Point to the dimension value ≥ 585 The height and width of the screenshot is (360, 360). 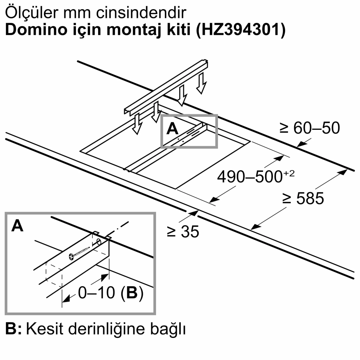pyautogui.click(x=303, y=199)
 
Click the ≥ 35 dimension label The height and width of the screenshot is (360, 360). pyautogui.click(x=183, y=232)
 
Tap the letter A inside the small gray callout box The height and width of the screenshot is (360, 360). pyautogui.click(x=172, y=129)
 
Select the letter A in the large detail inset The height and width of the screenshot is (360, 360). pyautogui.click(x=17, y=226)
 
